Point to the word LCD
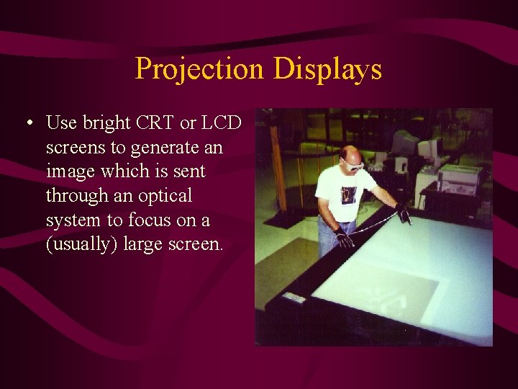221,123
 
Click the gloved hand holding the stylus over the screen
404,213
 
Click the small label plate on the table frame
293,298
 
